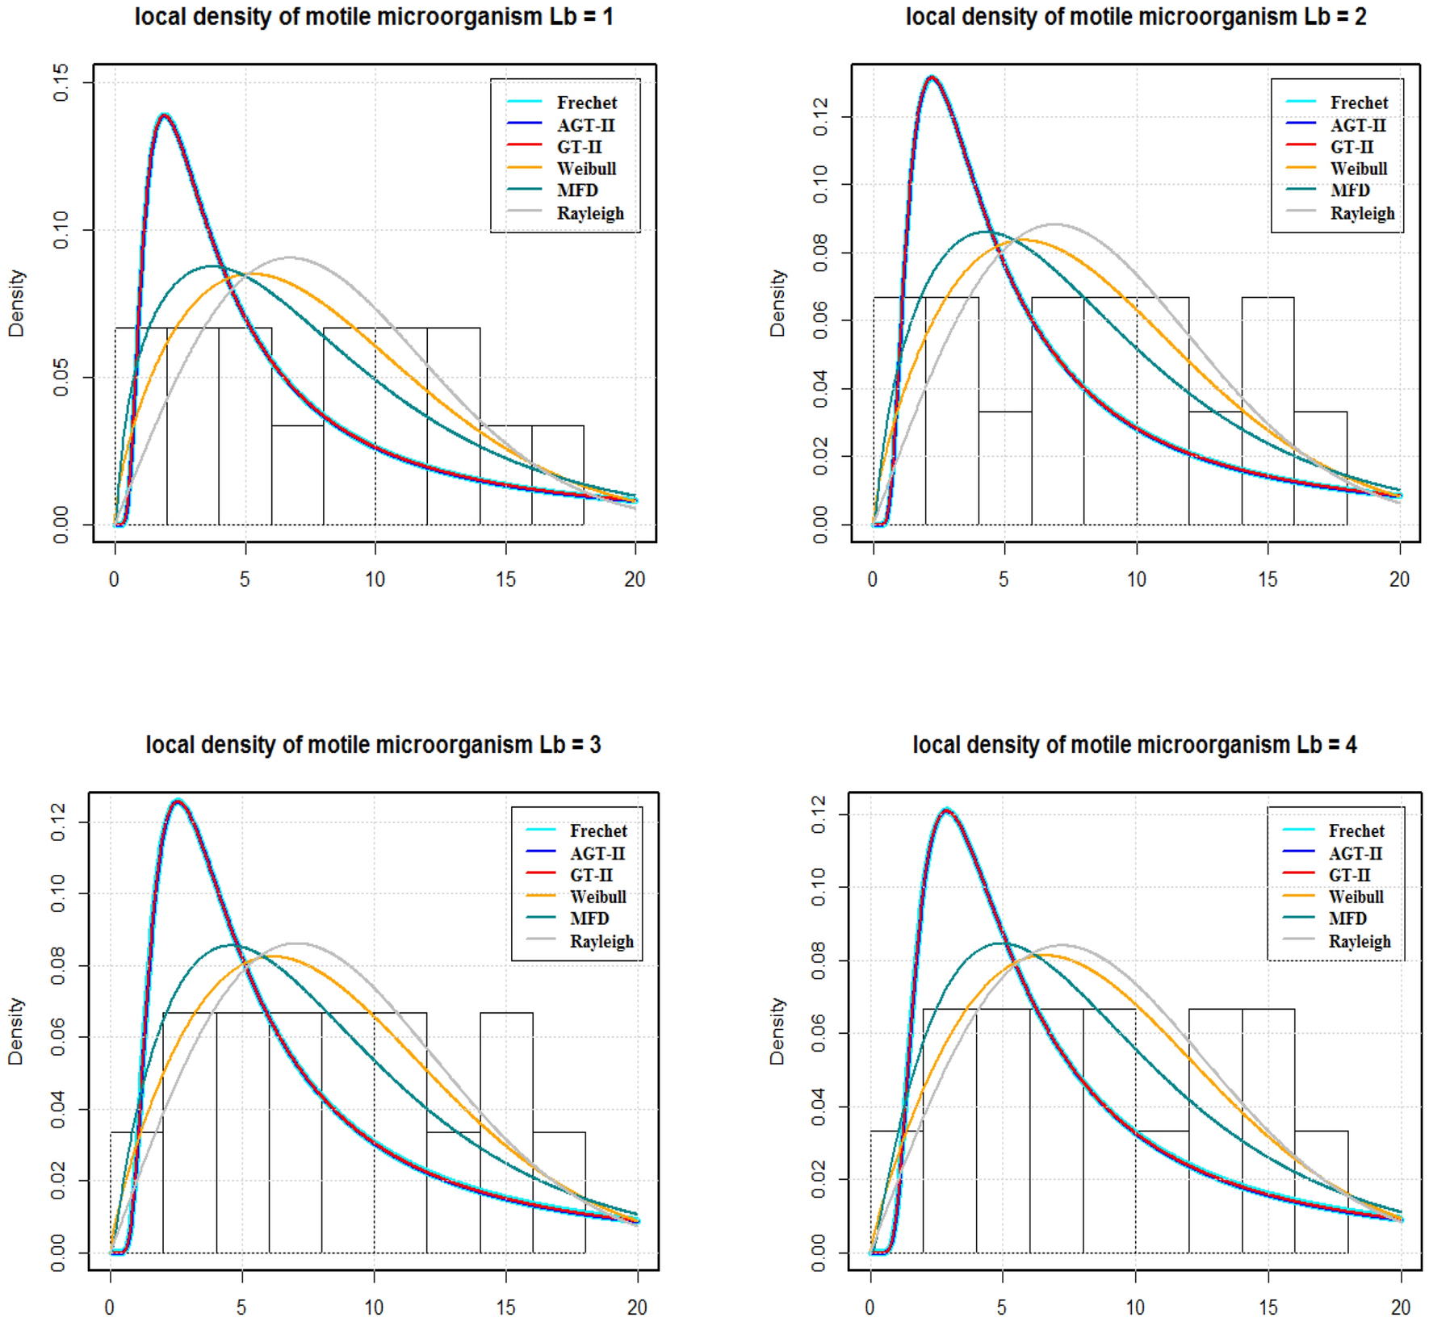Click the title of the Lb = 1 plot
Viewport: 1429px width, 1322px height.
point(373,17)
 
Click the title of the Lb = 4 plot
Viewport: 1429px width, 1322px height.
point(1134,744)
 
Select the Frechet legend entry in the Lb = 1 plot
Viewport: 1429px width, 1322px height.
point(586,102)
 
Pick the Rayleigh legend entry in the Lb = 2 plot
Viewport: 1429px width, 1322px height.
point(1362,213)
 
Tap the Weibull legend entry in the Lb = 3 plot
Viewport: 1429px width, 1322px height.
point(597,897)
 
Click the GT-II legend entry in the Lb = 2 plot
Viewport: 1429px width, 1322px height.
point(1351,147)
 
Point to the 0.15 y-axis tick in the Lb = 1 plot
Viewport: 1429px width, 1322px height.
point(61,83)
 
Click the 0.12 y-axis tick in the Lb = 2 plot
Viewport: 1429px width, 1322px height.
point(820,117)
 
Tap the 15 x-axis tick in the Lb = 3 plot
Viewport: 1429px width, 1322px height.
point(505,1307)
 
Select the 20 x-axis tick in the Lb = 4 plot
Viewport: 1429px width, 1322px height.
point(1400,1307)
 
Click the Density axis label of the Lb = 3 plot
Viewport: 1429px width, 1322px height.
point(15,1031)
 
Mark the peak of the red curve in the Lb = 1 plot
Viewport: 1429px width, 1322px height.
point(165,115)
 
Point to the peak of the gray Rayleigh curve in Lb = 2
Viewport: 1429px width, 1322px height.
point(1054,224)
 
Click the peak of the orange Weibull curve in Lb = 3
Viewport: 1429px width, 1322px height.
point(274,956)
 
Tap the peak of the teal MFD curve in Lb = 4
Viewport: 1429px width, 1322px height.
point(1002,943)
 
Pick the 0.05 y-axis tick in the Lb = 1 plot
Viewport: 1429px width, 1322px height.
point(61,378)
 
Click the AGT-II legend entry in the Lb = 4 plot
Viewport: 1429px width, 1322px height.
point(1355,853)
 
